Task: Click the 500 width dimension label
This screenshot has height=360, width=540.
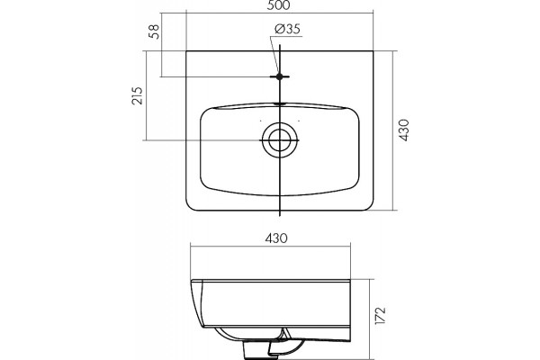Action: (280, 5)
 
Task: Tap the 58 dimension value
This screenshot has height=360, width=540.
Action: (155, 31)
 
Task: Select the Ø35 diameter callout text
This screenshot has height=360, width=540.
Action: (288, 29)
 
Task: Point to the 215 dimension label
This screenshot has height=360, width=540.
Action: (137, 95)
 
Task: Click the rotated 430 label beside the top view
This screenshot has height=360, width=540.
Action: (404, 130)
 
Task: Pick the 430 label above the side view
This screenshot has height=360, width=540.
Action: (276, 238)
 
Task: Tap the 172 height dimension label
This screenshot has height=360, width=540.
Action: (381, 315)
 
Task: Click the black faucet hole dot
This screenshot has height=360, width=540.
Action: (279, 76)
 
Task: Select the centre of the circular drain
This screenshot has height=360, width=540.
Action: (279, 140)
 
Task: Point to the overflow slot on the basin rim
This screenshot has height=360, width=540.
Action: (280, 103)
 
